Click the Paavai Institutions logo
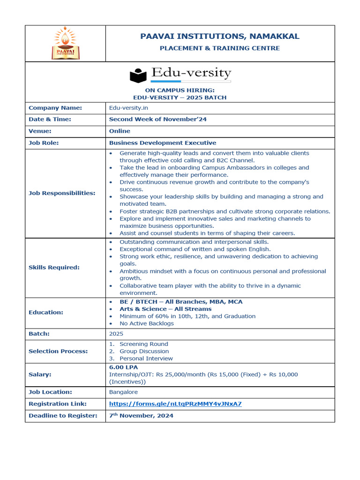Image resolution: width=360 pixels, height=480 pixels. point(65,43)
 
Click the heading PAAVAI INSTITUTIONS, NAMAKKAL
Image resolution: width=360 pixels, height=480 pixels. point(220,37)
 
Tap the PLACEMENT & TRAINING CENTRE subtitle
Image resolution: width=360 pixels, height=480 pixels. point(220,48)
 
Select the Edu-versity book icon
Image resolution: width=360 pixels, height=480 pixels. point(138,75)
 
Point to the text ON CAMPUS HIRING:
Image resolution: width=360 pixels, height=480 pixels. point(180,90)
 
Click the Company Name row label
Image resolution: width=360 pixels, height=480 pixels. point(55,108)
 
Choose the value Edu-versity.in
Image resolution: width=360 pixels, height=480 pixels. point(128,108)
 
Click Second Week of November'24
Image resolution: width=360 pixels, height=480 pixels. point(157,119)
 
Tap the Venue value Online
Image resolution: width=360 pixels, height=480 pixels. point(120,131)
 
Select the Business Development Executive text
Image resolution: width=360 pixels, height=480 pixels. point(163,143)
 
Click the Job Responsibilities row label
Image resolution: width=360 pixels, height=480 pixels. point(62,193)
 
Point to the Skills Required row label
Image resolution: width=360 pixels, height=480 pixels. point(54,268)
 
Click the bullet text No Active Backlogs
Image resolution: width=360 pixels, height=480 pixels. point(146,323)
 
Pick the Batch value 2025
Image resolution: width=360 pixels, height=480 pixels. point(116,334)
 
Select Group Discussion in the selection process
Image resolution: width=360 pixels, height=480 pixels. point(144,351)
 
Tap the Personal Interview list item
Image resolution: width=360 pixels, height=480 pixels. point(146,359)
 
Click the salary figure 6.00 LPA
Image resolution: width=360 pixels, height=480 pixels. point(123,367)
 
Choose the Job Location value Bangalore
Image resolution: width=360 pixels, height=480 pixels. point(123,392)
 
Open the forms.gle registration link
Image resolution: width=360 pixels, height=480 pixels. point(175,404)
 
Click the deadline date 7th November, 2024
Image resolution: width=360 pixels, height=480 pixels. point(141,415)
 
